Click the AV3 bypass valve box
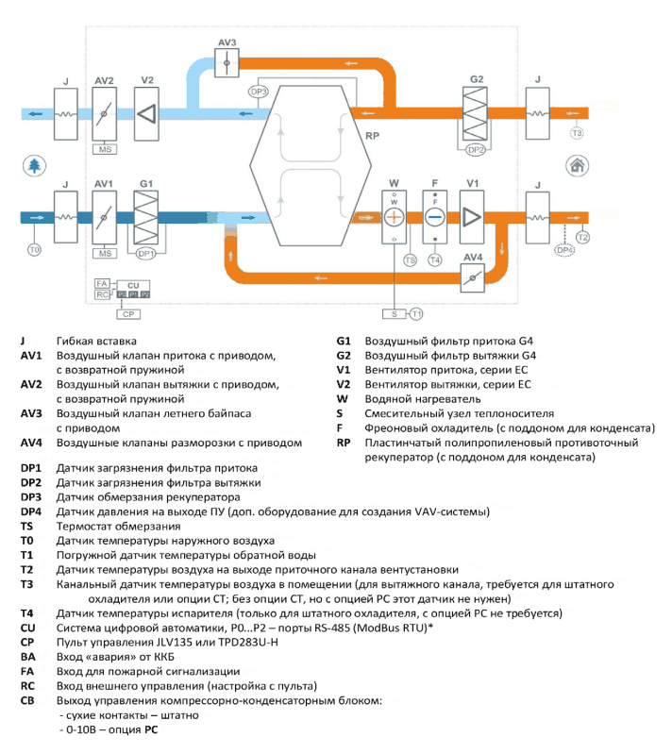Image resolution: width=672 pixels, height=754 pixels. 227,62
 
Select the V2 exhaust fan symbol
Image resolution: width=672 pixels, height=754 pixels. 146,114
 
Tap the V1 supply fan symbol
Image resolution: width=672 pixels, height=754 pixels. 472,217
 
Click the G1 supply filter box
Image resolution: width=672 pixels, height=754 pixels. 145,217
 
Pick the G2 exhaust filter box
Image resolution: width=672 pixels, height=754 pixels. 475,113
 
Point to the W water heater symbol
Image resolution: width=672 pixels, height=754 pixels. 394,217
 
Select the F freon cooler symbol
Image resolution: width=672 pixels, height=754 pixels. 435,217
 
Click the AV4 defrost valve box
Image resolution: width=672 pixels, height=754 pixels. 472,278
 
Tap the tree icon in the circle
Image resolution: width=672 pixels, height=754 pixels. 34,166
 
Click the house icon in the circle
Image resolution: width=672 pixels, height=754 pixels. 577,166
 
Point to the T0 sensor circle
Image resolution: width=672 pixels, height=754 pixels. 34,249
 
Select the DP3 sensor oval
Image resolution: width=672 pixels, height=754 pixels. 259,92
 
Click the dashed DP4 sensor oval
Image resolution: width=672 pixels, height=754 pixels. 564,250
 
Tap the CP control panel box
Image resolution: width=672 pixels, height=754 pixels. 128,314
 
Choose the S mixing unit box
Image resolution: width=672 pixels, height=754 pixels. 395,314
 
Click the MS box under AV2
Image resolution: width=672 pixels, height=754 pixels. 105,149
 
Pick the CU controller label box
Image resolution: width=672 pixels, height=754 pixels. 133,285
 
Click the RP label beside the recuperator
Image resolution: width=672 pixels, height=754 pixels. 372,136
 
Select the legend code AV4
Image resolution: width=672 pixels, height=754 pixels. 31,443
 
